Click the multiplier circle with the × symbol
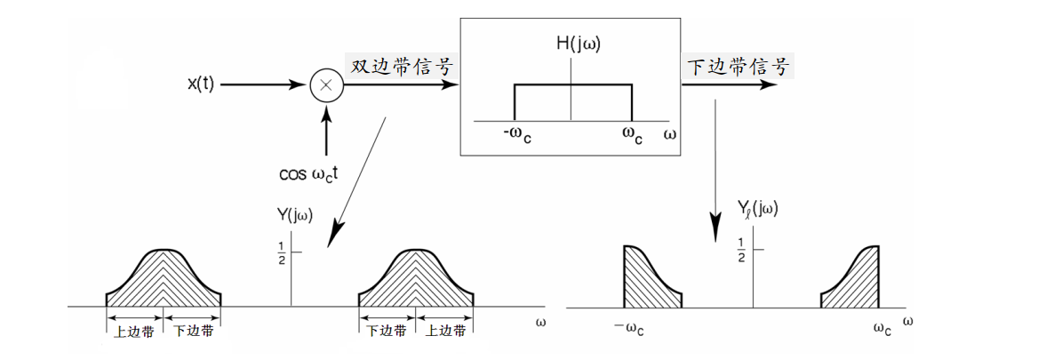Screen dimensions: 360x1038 [326, 86]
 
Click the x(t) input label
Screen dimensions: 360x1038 [200, 85]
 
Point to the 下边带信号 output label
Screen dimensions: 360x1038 [738, 68]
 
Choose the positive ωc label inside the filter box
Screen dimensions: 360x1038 [632, 135]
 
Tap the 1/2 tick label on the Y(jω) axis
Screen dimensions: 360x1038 [281, 252]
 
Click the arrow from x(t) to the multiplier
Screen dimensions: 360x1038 [262, 85]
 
